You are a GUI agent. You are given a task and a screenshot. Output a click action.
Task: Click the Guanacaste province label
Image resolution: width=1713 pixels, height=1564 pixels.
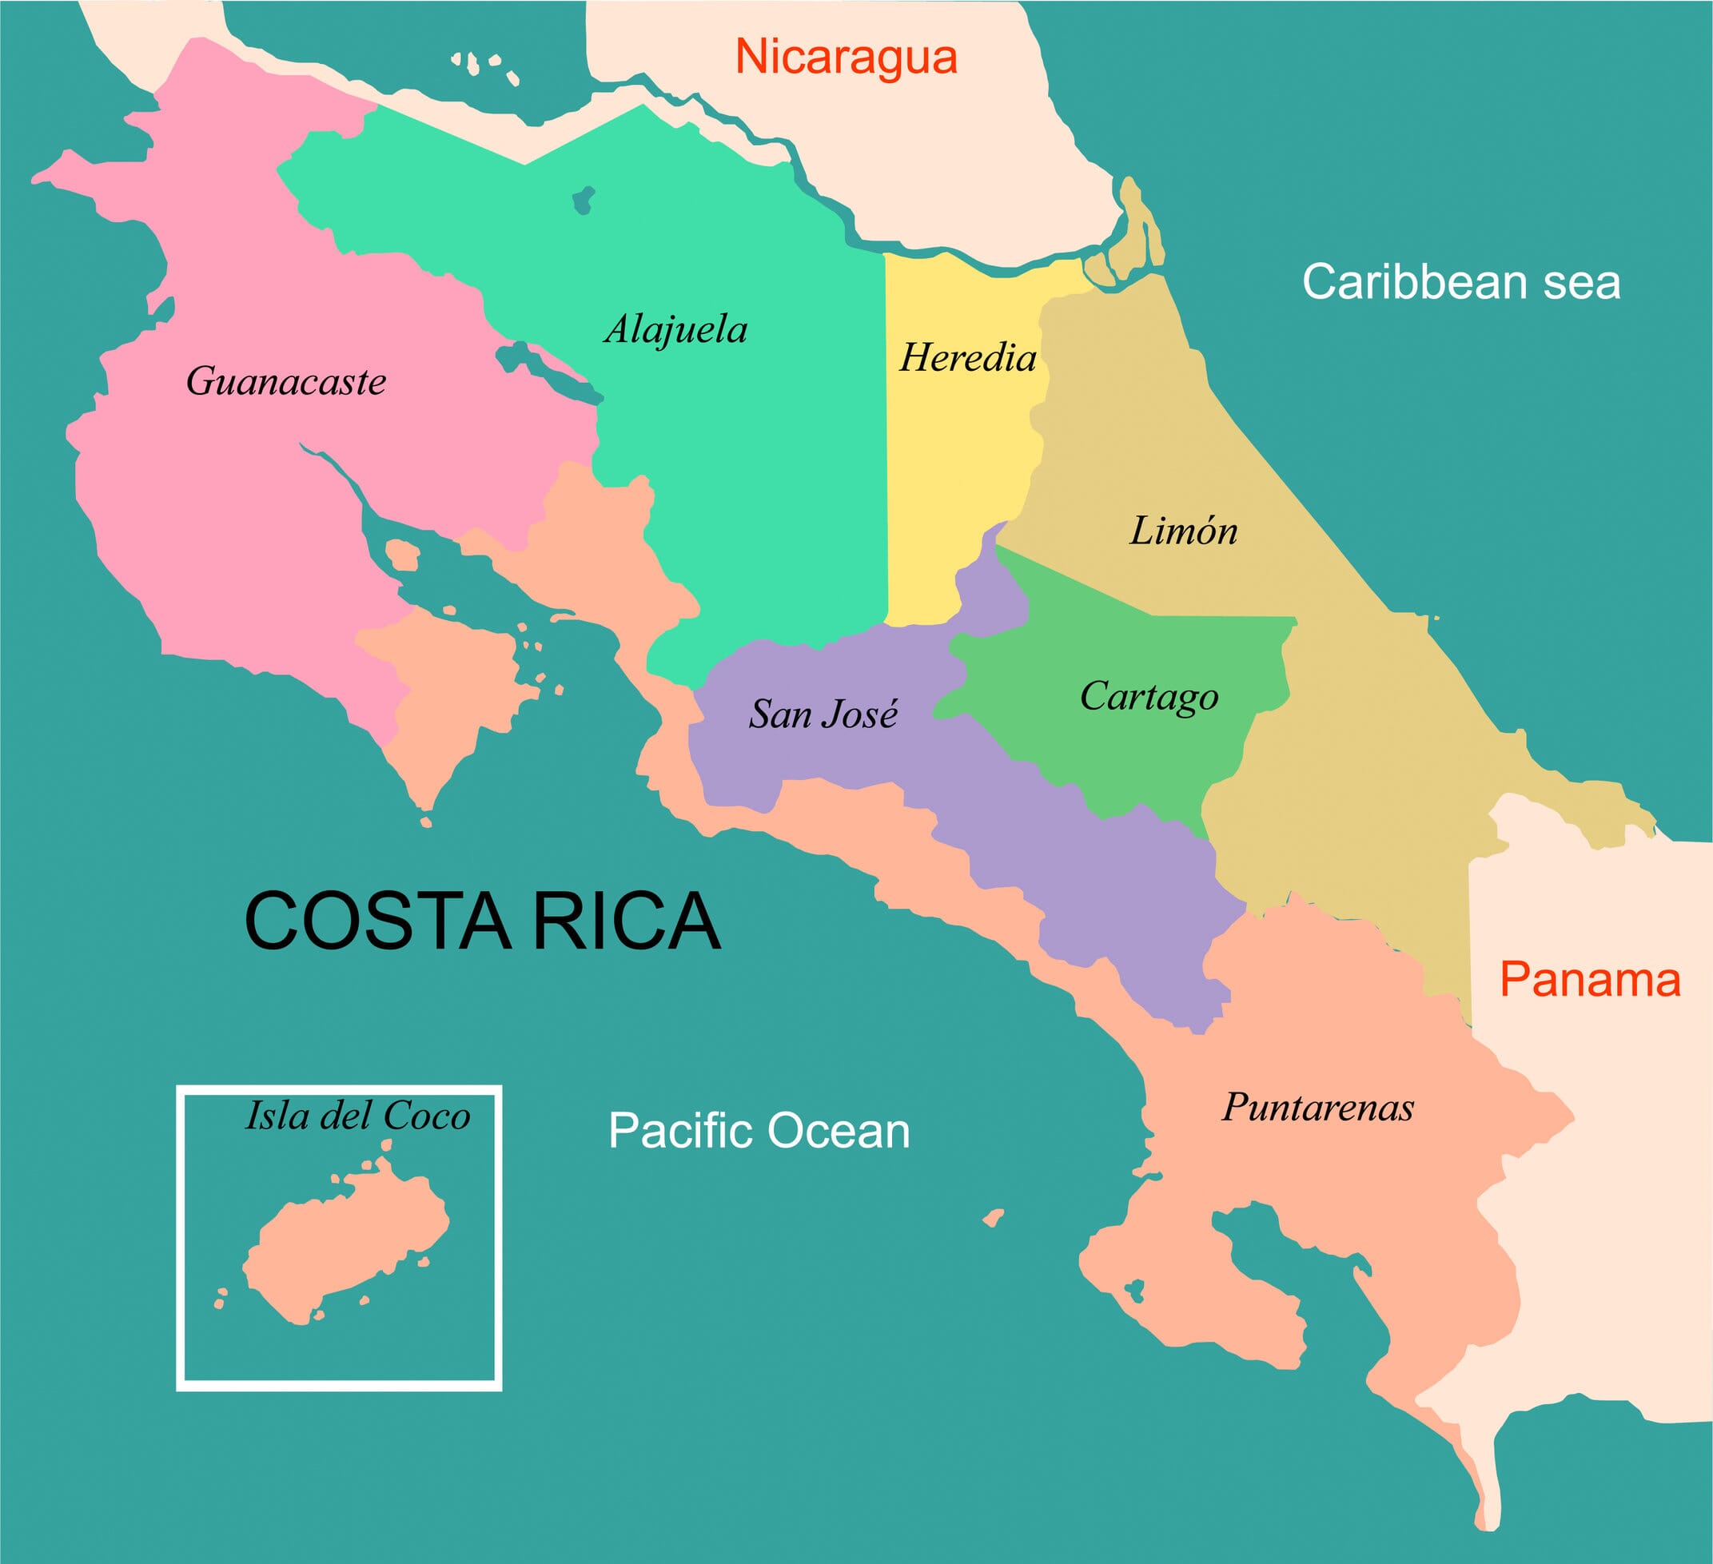click(285, 381)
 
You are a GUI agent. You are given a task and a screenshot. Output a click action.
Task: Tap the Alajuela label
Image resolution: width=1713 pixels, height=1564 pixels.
click(675, 329)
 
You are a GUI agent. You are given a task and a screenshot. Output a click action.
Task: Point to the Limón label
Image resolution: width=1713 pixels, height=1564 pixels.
click(1183, 531)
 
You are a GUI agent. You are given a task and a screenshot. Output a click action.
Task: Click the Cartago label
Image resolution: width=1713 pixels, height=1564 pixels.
click(1149, 697)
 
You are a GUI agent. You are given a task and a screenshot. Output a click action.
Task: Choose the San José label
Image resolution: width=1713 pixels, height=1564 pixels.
click(823, 714)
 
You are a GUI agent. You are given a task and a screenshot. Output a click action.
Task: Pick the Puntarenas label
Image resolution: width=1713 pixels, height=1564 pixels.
click(1318, 1108)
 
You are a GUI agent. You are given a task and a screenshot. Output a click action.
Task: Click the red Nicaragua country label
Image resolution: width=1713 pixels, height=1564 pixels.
click(847, 57)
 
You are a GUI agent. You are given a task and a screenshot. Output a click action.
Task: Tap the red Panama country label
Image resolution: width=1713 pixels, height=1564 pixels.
click(1590, 980)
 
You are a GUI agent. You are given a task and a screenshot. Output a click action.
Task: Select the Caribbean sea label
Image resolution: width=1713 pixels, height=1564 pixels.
click(1460, 282)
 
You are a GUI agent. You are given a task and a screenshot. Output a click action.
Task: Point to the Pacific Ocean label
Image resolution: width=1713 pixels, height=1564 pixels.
click(759, 1132)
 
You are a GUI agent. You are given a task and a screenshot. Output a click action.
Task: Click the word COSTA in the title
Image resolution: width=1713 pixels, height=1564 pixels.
click(378, 921)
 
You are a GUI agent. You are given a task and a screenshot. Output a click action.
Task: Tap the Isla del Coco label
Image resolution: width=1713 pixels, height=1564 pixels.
click(357, 1116)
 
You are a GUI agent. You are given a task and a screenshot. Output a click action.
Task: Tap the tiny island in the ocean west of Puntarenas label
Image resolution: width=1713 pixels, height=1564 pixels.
click(994, 1218)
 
